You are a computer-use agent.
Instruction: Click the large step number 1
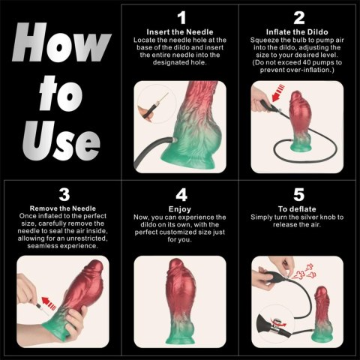(x=181, y=16)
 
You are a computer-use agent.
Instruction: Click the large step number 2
(x=298, y=17)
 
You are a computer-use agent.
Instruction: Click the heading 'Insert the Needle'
(x=181, y=32)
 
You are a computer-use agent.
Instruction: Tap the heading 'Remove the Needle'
(x=61, y=208)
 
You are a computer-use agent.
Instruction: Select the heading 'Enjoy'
(x=181, y=208)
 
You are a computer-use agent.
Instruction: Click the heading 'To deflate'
(x=298, y=209)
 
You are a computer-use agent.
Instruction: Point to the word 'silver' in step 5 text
(x=319, y=217)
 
